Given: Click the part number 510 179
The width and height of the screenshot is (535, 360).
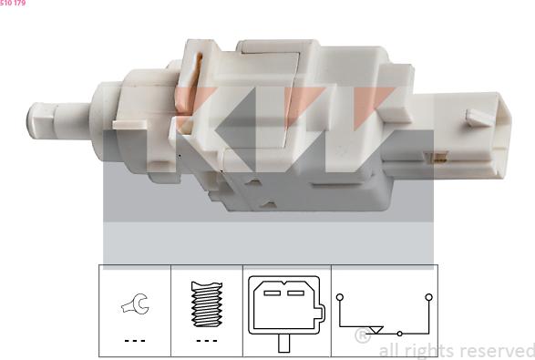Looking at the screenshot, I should [13, 4].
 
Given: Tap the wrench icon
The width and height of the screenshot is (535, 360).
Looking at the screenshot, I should [134, 308].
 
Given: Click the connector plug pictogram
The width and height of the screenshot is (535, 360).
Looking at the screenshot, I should [284, 308].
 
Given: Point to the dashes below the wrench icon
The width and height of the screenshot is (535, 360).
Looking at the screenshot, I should [134, 341].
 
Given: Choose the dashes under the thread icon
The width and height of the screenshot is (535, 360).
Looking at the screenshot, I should [206, 341].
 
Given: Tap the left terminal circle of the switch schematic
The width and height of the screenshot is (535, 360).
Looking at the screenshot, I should [339, 297].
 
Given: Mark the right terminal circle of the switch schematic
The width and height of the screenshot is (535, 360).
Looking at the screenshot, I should [427, 297].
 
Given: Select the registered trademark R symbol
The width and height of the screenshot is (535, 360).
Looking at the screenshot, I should [361, 336].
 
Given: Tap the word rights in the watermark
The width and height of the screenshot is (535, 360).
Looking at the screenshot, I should [427, 351].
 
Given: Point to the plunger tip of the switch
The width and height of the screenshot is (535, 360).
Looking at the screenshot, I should [36, 120].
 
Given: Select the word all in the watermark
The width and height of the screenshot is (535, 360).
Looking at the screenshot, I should [389, 351].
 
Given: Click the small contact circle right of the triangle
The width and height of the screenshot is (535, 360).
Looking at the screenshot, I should [399, 334].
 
